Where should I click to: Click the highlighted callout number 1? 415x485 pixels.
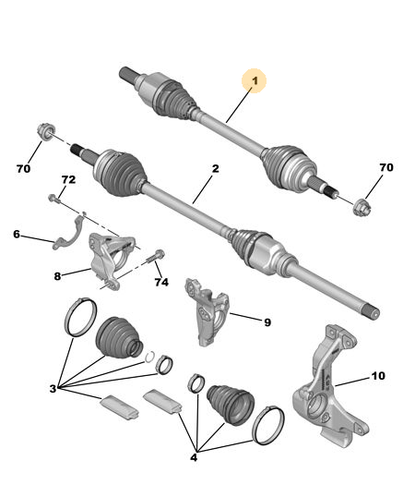(255, 80)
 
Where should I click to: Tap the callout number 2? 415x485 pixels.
(215, 168)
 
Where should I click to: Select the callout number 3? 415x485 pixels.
(53, 389)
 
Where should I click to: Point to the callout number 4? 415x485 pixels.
(194, 457)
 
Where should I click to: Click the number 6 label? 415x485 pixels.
(17, 234)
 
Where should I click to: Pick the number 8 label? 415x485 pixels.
(57, 276)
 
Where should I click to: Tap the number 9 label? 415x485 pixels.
(267, 322)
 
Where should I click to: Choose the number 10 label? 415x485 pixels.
(378, 376)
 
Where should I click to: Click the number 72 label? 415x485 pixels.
(68, 180)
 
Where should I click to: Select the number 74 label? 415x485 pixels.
(161, 282)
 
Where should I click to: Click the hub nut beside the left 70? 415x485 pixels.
(46, 132)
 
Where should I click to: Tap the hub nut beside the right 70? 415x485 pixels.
(362, 208)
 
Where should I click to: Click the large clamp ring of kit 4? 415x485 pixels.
(268, 425)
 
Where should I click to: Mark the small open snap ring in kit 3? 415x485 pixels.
(150, 357)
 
